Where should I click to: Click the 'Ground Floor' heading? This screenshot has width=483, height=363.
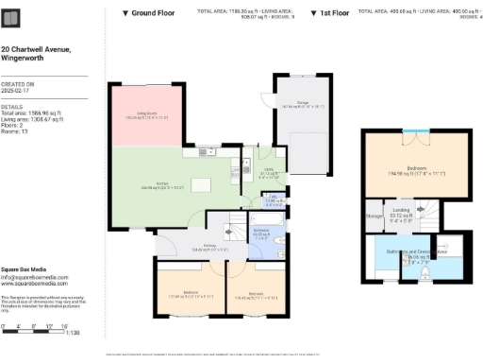pyautogui.click(x=152, y=13)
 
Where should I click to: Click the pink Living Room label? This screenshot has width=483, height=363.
pyautogui.click(x=146, y=117)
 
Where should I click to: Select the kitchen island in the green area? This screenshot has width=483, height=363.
pyautogui.click(x=199, y=184)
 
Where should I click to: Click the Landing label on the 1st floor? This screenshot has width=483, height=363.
pyautogui.click(x=401, y=213)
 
